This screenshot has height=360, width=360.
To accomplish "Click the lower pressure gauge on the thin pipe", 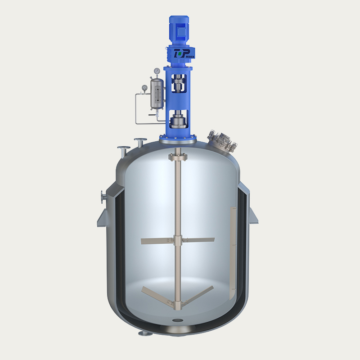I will coord(144,88).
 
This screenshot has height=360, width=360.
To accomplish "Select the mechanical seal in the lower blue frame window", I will coord(180,120).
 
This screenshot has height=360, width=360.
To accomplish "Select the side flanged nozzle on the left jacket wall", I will coord(103,196).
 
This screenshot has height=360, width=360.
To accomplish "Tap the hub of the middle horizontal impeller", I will coord(177,241).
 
